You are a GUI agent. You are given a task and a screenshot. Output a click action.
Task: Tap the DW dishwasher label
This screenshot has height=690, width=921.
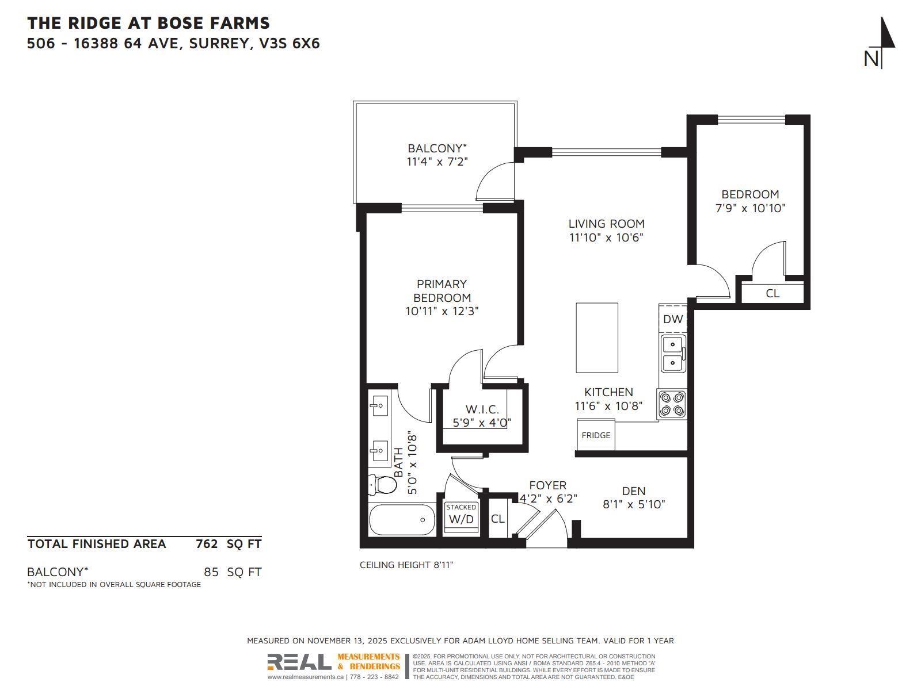coord(672,319)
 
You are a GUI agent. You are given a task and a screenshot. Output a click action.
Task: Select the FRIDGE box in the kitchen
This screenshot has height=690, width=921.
coord(596,435)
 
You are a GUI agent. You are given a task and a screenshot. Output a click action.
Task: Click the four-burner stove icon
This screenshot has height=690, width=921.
coord(672,404)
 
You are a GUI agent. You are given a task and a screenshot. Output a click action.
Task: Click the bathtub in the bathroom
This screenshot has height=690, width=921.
coord(403,520)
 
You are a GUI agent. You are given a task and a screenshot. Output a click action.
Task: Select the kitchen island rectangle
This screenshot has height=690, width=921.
coord(597,338)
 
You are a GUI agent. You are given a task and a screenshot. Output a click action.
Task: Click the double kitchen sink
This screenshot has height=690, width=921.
coord(672,354)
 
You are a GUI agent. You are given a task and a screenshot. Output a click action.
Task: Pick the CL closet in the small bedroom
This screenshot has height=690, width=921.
coord(772,293)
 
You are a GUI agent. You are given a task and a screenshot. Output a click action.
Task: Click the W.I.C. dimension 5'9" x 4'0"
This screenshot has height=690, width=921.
coord(482,423)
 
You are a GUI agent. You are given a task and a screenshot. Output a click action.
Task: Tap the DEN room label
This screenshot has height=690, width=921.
coord(634,491)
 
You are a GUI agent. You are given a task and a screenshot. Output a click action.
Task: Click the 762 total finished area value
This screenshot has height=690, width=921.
coord(207,544)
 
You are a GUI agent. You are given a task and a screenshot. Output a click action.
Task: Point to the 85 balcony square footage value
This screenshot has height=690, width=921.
coord(211,572)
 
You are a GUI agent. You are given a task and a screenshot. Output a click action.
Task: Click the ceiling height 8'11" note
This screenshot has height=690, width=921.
coord(406,565)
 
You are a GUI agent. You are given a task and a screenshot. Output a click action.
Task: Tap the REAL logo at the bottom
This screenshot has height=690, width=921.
coord(299,662)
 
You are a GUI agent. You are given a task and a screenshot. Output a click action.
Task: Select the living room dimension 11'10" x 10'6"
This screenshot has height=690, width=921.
coord(606,237)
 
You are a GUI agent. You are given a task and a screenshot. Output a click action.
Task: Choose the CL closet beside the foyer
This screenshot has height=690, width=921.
coord(497,519)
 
